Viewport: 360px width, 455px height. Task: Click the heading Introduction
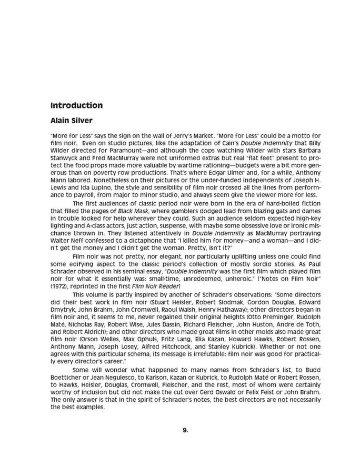[76, 105]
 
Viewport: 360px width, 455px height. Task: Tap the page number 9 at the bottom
[185, 430]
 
